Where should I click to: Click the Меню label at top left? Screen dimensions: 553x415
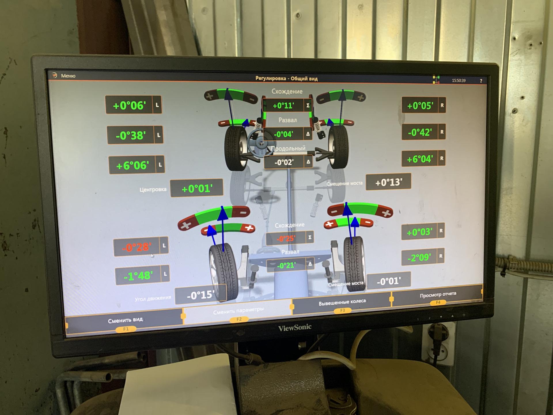point(68,76)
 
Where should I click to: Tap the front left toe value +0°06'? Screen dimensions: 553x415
point(129,105)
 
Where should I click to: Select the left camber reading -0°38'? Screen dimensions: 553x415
point(131,135)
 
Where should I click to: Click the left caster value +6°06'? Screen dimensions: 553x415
point(132,165)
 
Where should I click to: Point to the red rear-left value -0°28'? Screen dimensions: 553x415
point(137,247)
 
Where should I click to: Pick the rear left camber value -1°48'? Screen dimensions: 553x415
point(138,276)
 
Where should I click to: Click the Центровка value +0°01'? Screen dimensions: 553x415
point(197,188)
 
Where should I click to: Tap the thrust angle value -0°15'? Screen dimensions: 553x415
point(201,295)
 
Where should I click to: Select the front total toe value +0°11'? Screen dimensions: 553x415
point(283,106)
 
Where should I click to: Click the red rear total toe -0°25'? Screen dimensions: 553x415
point(286,239)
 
